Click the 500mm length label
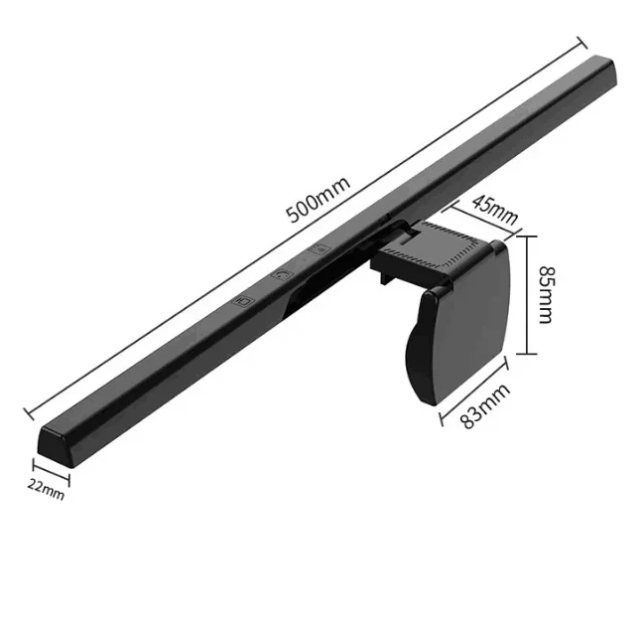[317, 202]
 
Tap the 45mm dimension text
[493, 209]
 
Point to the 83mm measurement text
[485, 406]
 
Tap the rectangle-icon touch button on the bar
[243, 297]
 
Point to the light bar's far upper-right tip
[607, 68]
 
